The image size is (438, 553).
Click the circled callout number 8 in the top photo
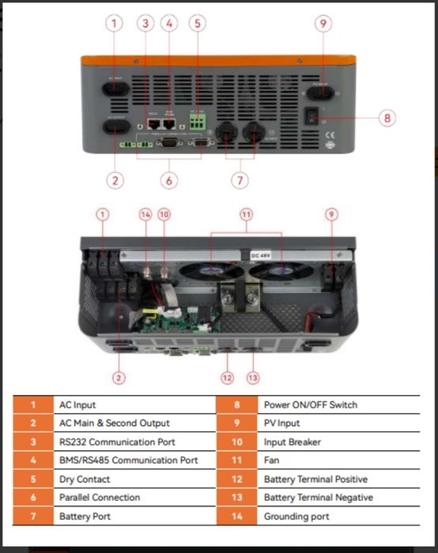(387, 118)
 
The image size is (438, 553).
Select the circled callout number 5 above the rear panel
(197, 23)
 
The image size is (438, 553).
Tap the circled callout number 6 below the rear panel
(168, 180)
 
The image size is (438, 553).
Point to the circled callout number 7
(240, 180)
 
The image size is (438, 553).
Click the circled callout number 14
(145, 214)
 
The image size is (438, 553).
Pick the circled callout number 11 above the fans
(246, 214)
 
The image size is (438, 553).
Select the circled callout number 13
(253, 378)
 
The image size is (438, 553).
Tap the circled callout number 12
(228, 378)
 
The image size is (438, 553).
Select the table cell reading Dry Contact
(85, 479)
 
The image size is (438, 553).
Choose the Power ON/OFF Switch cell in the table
(310, 404)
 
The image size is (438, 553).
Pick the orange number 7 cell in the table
(33, 517)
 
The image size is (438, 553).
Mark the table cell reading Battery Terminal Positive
(315, 479)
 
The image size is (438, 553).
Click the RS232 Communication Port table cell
(117, 442)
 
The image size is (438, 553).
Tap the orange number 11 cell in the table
(237, 461)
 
